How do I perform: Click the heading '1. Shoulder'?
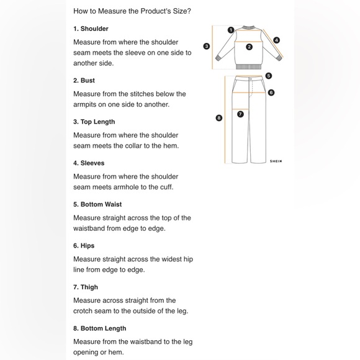[91, 29]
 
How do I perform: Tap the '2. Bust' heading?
[84, 80]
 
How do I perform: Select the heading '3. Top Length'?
[94, 122]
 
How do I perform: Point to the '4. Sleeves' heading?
[89, 163]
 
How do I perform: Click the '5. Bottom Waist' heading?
[97, 204]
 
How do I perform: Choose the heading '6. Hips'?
[84, 246]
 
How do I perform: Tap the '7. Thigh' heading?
[86, 287]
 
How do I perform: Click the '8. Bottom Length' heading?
[100, 328]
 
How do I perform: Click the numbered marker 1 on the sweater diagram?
[231, 30]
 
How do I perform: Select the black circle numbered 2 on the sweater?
[249, 47]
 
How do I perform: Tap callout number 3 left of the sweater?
[207, 46]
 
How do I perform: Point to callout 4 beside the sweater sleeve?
[277, 40]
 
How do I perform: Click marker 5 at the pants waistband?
[269, 76]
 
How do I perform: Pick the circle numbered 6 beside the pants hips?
[271, 92]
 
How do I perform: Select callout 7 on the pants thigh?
[240, 114]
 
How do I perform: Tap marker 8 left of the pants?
[219, 118]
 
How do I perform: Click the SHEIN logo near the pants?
[276, 161]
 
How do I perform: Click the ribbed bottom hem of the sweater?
[249, 67]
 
